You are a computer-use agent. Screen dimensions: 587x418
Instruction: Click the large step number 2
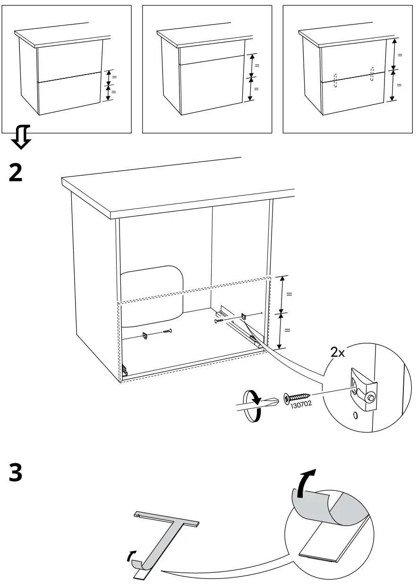click(x=16, y=173)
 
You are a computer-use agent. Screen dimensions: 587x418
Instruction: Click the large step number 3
click(x=16, y=473)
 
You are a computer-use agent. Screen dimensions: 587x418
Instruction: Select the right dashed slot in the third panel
click(x=372, y=74)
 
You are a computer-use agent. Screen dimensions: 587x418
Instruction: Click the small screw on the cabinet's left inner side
click(x=167, y=332)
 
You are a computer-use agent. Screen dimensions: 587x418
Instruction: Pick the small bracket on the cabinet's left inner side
click(x=145, y=336)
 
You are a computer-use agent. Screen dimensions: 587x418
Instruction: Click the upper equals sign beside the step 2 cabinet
click(x=289, y=294)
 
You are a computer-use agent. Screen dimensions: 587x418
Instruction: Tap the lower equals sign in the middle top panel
click(x=256, y=88)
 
